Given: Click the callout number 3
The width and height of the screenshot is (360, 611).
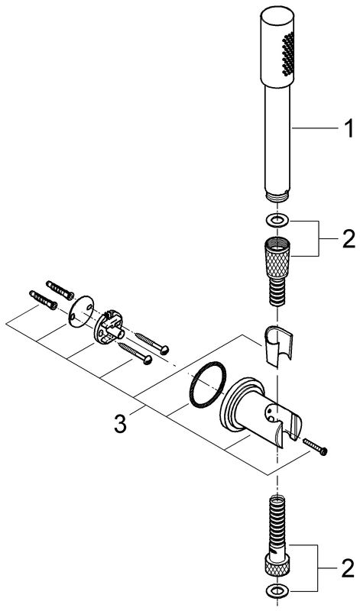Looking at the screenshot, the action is point(121,424).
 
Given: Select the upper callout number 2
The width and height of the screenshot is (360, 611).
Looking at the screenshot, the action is point(349,239).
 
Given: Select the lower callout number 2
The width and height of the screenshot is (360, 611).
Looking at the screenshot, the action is point(349,569).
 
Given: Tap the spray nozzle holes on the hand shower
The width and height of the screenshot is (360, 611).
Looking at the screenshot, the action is point(288,53).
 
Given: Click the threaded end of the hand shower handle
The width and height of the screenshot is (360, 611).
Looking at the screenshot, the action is point(277,196).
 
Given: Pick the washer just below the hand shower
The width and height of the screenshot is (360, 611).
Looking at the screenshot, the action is point(277,220).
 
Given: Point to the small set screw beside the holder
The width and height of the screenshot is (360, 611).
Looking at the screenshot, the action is point(315,445).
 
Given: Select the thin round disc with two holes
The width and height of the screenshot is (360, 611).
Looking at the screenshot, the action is point(82,313).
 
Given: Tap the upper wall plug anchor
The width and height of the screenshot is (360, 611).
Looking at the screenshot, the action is point(60,290).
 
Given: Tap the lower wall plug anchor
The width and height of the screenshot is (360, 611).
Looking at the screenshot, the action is point(43,300).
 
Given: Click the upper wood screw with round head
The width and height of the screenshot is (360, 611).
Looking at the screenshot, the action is point(152,342).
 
